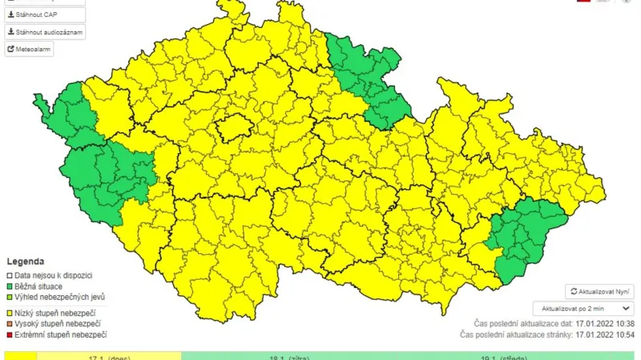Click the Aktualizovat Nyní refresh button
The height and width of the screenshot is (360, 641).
coord(599,292)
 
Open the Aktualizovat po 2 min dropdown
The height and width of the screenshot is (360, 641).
coord(583,308)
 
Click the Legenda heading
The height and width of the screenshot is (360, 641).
coord(26,261)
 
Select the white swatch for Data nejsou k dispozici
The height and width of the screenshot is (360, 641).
coord(10,275)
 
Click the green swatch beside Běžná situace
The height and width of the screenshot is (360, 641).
coord(10,286)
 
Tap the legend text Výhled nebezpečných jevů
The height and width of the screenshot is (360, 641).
coord(60,297)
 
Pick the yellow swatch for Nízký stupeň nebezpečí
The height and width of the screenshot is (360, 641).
coord(10,313)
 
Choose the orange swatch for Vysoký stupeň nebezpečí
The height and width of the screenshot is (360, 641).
coord(10,323)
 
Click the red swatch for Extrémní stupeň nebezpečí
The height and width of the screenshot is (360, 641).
coord(10,334)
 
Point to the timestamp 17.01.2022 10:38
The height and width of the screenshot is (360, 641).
coord(605,324)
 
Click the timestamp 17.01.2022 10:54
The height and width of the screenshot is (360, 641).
coord(605,334)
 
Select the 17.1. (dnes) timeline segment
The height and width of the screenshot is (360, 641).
coord(109,356)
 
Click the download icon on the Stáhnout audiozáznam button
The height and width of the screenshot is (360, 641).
coord(11,32)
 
